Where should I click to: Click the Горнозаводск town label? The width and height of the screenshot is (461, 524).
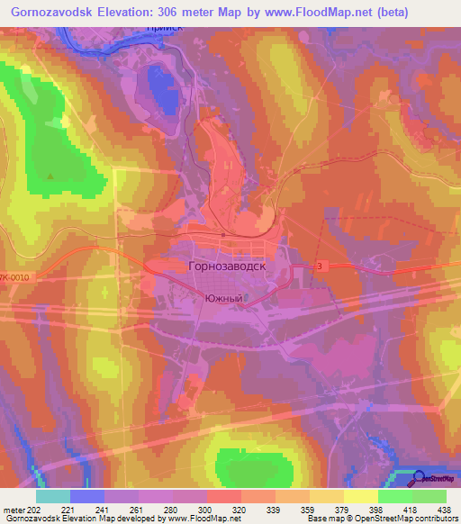tap(226, 267)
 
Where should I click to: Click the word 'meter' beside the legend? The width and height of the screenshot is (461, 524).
tap(14, 509)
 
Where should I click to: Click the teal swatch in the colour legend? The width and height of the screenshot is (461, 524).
tap(53, 496)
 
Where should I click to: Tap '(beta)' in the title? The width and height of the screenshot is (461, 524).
tap(388, 13)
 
